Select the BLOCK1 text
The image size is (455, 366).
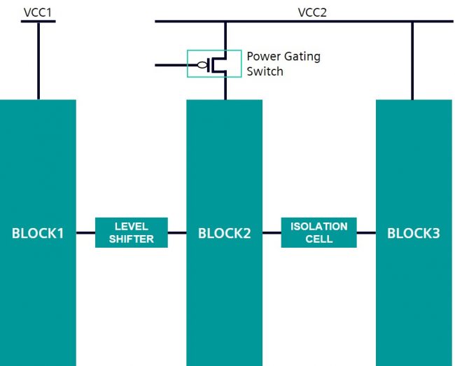coord(38,233)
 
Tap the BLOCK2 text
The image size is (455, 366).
coord(224,233)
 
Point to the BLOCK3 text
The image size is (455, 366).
coord(413,233)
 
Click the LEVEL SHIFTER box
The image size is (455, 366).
coord(132,232)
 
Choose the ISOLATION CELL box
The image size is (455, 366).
coord(318,232)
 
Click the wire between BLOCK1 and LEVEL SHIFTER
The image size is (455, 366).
coord(85,233)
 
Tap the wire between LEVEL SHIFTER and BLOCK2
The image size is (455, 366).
coord(177,233)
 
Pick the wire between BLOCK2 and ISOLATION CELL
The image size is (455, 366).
coord(272,233)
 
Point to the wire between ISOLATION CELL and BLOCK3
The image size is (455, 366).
coord(366,233)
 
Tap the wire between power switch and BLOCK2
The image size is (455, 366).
coord(225,88)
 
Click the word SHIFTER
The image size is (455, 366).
coord(132,239)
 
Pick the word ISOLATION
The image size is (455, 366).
coord(318,227)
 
